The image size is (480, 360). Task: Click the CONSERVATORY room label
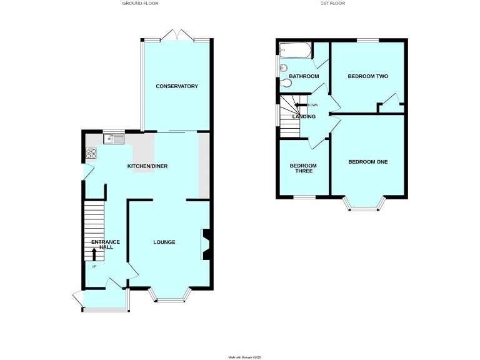point(177,86)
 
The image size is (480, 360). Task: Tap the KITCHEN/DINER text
point(147,166)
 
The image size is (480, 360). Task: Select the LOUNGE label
point(164,242)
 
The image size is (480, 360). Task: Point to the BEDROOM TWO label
point(368,76)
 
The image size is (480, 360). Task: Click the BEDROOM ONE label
point(367,162)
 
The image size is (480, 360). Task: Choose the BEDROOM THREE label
point(302,168)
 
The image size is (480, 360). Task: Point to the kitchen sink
point(114,139)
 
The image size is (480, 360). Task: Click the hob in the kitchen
point(90,152)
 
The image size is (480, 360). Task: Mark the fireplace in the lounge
point(205,244)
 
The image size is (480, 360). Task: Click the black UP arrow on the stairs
point(94,253)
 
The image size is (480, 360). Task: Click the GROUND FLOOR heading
point(140,4)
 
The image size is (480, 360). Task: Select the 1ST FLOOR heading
point(332,4)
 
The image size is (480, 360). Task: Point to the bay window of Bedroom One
point(363,206)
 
